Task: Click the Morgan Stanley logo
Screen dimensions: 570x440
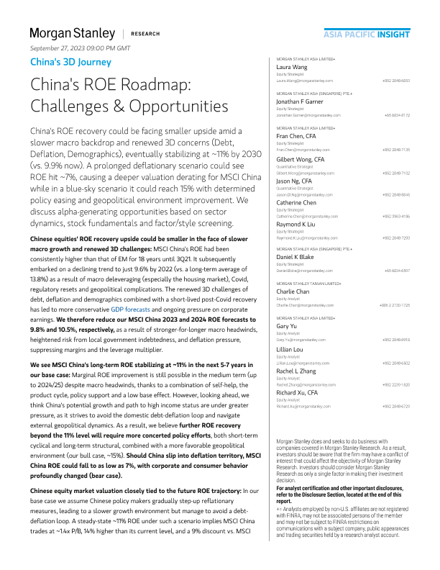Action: click(x=72, y=33)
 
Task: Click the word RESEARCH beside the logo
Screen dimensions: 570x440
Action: click(x=146, y=34)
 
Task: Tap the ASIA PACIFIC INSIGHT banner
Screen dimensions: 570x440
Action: click(x=366, y=33)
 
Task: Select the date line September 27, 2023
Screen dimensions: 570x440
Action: click(x=81, y=47)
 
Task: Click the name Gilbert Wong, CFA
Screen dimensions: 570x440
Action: click(x=301, y=158)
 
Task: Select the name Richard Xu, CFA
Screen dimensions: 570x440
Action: click(x=298, y=392)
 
